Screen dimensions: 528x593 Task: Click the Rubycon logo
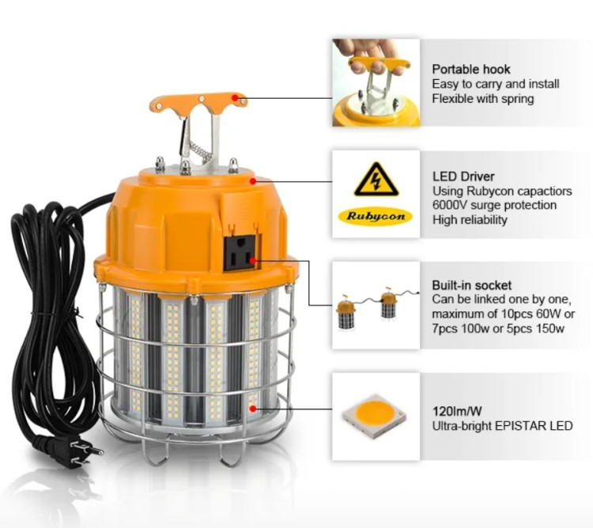(x=376, y=216)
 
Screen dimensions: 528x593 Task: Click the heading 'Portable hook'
(x=471, y=70)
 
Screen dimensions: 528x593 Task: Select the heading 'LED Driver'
(x=463, y=177)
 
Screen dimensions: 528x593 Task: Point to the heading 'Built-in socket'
(x=472, y=285)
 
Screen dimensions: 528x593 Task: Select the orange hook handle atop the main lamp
(x=197, y=101)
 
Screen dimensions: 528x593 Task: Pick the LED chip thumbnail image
(x=376, y=417)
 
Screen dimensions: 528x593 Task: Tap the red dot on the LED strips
(x=252, y=408)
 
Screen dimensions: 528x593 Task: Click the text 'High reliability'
(x=470, y=220)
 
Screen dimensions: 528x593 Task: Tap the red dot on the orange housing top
(x=252, y=181)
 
